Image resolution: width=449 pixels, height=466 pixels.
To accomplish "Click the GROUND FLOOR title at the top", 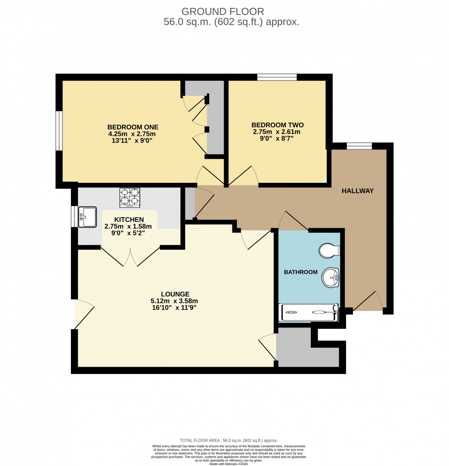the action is point(223,11).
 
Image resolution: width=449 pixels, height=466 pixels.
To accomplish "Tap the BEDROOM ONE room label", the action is point(132,127).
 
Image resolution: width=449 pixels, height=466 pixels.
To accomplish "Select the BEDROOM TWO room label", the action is point(277,125).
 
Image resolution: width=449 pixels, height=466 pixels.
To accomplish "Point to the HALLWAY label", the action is point(357,191).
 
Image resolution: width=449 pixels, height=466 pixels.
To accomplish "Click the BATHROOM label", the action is point(301,272).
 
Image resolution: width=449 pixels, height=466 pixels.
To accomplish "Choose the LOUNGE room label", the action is point(175,294).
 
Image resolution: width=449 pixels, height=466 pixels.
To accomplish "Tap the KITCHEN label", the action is point(129,219).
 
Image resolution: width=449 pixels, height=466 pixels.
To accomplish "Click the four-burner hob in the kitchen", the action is point(130,198).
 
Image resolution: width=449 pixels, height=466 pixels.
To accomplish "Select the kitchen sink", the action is point(87,217).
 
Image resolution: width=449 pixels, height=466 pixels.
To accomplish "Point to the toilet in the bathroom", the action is point(329,250).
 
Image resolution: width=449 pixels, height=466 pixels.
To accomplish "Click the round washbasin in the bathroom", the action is point(330,277).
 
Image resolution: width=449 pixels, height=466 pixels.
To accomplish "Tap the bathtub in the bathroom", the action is point(309,312).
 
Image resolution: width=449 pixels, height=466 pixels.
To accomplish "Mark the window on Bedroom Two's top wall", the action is point(277,77).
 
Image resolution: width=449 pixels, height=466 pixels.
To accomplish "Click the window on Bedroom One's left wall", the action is point(59,131).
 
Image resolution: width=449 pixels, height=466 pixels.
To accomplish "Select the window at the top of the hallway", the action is point(360,146).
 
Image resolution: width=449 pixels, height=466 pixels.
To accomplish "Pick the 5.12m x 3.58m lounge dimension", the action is point(174,301).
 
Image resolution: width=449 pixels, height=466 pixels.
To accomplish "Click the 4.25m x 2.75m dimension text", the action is point(132,134).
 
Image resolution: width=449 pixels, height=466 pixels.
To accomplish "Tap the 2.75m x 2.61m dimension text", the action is point(277,131).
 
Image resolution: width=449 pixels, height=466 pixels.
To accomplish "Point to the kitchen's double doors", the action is point(131,256).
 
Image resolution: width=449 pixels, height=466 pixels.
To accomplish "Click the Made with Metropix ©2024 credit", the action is point(228,464).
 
